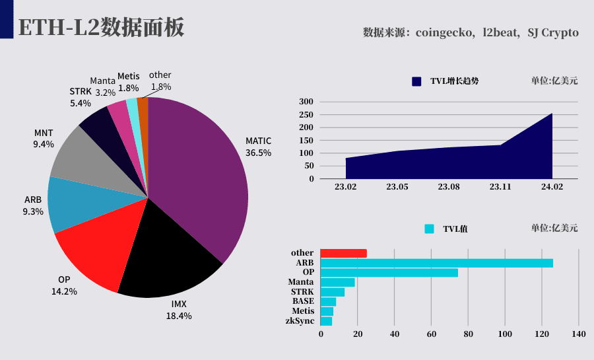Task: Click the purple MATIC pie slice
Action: click(197, 174)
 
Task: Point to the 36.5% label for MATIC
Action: click(258, 153)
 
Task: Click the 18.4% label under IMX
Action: click(179, 316)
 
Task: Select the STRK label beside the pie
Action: click(81, 91)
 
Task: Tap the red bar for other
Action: click(344, 253)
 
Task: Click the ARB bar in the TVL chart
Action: click(437, 263)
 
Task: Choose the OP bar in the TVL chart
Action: click(389, 273)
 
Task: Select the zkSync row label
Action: click(300, 321)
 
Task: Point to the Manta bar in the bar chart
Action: click(337, 282)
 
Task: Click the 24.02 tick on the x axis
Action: click(552, 187)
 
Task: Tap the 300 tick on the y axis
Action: click(306, 102)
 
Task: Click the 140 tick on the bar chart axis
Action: click(579, 334)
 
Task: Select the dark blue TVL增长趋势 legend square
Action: click(416, 81)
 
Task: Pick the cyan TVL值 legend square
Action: click(429, 229)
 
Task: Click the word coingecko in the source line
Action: click(444, 33)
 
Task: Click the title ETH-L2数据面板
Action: click(101, 27)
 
